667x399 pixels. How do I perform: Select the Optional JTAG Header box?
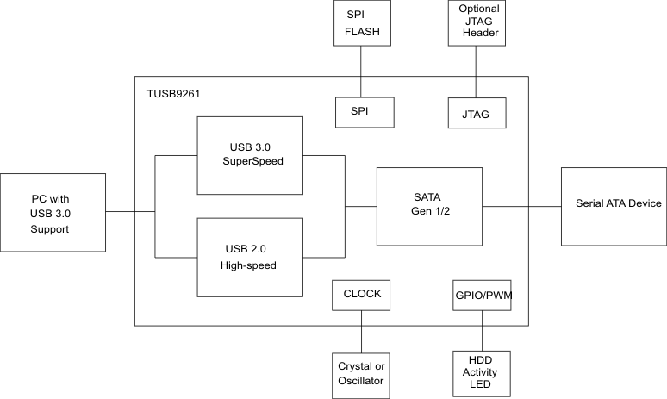(x=479, y=23)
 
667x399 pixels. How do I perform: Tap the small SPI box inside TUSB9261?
(x=364, y=112)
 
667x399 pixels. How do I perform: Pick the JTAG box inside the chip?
(x=477, y=112)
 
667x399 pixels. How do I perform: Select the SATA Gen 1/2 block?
(x=429, y=207)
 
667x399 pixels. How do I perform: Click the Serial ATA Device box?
(x=614, y=206)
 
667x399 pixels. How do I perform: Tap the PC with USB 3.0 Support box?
(x=52, y=213)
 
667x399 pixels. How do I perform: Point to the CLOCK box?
(x=362, y=294)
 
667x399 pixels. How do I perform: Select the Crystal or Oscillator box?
(x=362, y=373)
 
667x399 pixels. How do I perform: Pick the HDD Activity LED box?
(x=481, y=373)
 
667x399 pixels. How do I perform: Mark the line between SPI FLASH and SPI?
(x=361, y=72)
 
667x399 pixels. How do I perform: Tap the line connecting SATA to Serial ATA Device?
(x=522, y=207)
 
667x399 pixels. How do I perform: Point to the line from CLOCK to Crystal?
(x=361, y=331)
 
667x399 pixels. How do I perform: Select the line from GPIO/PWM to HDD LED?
(x=481, y=331)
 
